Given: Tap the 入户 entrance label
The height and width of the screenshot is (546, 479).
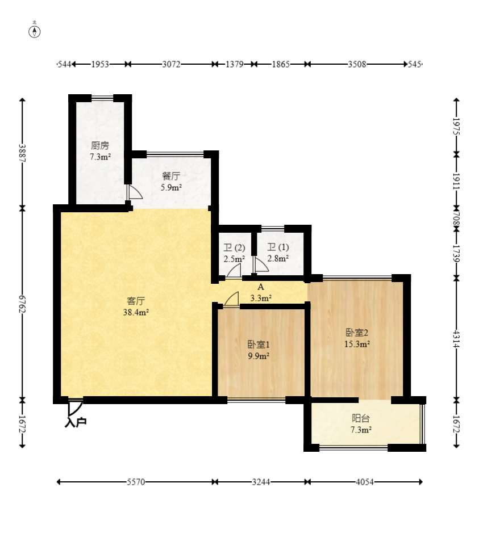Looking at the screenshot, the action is click(76, 422).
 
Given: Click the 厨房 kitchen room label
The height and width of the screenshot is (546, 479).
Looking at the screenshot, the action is click(100, 145).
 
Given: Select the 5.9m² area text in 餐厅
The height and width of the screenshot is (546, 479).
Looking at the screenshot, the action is click(171, 188).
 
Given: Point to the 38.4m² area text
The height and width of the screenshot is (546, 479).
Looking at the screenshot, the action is click(136, 312).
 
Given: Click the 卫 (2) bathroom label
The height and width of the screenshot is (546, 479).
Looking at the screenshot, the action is click(234, 247).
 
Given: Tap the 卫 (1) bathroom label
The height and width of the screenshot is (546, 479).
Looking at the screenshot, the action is click(278, 247).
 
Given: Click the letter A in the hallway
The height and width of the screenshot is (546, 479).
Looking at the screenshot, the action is click(260, 287).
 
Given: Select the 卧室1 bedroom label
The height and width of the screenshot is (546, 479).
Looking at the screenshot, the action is click(259, 345).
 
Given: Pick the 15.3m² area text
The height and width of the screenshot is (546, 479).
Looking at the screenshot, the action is click(357, 344).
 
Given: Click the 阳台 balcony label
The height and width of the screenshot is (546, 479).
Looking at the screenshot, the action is click(361, 418).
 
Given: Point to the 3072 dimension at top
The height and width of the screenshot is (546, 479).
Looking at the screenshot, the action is click(171, 64).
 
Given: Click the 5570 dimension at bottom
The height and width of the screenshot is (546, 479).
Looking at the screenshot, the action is click(136, 482).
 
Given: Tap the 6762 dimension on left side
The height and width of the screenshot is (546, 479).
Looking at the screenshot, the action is click(22, 304).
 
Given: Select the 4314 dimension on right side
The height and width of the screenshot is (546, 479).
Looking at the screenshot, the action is click(457, 339).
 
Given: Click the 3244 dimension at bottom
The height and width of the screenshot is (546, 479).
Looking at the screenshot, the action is click(261, 482).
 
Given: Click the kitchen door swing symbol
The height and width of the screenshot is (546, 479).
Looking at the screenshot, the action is click(135, 192).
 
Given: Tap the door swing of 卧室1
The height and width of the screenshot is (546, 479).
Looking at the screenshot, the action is click(231, 299).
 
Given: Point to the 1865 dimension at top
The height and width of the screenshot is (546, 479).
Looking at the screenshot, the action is click(281, 64).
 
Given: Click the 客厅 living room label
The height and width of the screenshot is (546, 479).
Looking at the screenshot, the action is click(136, 301).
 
